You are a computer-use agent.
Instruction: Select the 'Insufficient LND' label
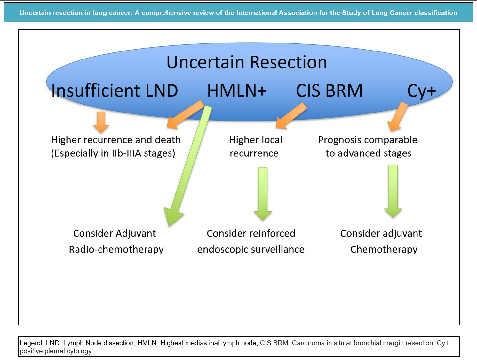click(x=115, y=90)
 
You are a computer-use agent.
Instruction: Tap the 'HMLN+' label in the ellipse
click(x=237, y=90)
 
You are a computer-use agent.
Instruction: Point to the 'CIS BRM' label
click(x=329, y=90)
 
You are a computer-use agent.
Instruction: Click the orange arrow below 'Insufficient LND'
click(x=101, y=122)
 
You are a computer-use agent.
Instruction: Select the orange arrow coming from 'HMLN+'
click(x=186, y=114)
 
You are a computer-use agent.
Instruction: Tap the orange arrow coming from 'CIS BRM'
click(x=291, y=116)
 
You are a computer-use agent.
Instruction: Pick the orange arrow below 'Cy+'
click(x=398, y=117)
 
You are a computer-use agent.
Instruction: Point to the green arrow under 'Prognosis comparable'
click(x=393, y=191)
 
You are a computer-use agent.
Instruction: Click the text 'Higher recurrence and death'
click(x=116, y=140)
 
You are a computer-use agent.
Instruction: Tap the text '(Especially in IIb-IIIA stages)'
click(x=113, y=153)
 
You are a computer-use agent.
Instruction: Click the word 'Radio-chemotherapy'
click(x=116, y=249)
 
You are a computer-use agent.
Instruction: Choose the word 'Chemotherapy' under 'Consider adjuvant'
click(x=384, y=249)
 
